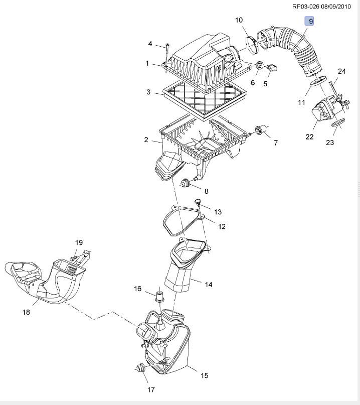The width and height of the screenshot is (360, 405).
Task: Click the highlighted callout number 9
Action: coord(309,21)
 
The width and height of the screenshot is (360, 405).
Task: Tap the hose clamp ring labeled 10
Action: coord(251,45)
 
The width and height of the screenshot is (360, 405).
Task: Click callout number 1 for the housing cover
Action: coord(147,63)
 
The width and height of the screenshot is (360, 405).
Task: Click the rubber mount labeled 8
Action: coord(185,183)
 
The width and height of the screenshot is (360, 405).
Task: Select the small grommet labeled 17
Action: coord(141,367)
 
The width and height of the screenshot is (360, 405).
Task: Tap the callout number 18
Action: coord(26,312)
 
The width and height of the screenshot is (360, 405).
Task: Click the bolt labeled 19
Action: coord(73,258)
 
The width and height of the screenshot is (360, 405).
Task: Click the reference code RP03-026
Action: coord(305,7)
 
